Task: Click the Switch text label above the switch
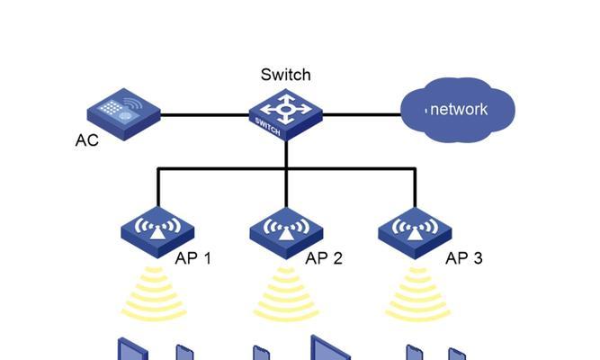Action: [285, 75]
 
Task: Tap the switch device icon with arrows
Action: [286, 114]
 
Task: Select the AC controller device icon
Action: [123, 114]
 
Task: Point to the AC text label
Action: [87, 140]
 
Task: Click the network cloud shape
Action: [458, 110]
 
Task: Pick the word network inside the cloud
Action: [459, 110]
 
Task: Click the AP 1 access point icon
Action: [157, 232]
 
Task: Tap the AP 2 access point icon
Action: [286, 233]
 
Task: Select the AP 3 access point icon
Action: [415, 233]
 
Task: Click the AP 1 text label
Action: [193, 258]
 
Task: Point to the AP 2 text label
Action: [324, 258]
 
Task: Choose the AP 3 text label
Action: [464, 258]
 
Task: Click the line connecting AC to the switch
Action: [205, 114]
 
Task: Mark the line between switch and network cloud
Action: [362, 114]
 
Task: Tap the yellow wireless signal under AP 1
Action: [154, 293]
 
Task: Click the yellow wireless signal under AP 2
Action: [286, 294]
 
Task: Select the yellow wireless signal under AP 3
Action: [418, 294]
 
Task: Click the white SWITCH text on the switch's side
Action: [267, 127]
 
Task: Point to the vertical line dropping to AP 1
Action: [158, 187]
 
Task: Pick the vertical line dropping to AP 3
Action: [416, 188]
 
